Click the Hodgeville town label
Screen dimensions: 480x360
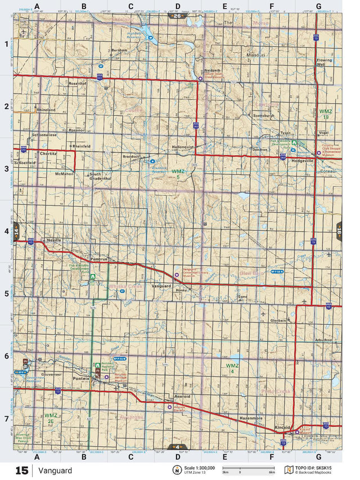coord(303,160)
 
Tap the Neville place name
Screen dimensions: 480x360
coord(54,240)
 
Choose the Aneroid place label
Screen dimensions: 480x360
coord(182,397)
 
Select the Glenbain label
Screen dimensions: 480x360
coord(278,320)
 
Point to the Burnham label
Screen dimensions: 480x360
coord(120,50)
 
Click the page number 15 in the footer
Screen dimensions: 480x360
coord(21,471)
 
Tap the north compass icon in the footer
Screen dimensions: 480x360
coord(177,470)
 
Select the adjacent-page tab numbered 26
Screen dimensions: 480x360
coord(177,16)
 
